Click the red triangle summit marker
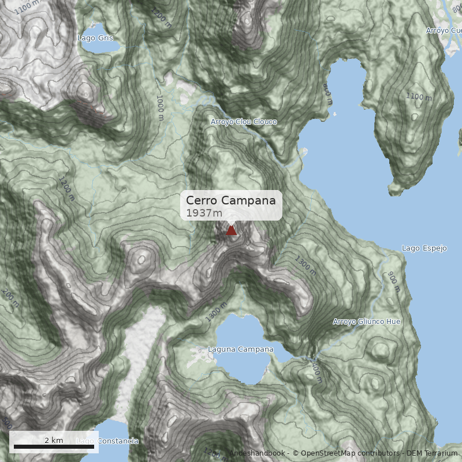[232, 230]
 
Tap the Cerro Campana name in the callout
[231, 200]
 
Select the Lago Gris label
[95, 38]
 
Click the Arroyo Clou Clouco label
[244, 122]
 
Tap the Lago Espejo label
[424, 248]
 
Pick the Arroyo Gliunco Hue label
[367, 322]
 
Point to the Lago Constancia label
[108, 441]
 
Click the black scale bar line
[54, 446]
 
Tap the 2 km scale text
[54, 440]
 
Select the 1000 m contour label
[159, 107]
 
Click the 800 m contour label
[326, 90]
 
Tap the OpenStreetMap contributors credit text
[346, 453]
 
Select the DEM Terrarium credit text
[432, 453]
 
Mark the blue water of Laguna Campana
[243, 367]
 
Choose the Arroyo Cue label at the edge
[444, 30]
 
